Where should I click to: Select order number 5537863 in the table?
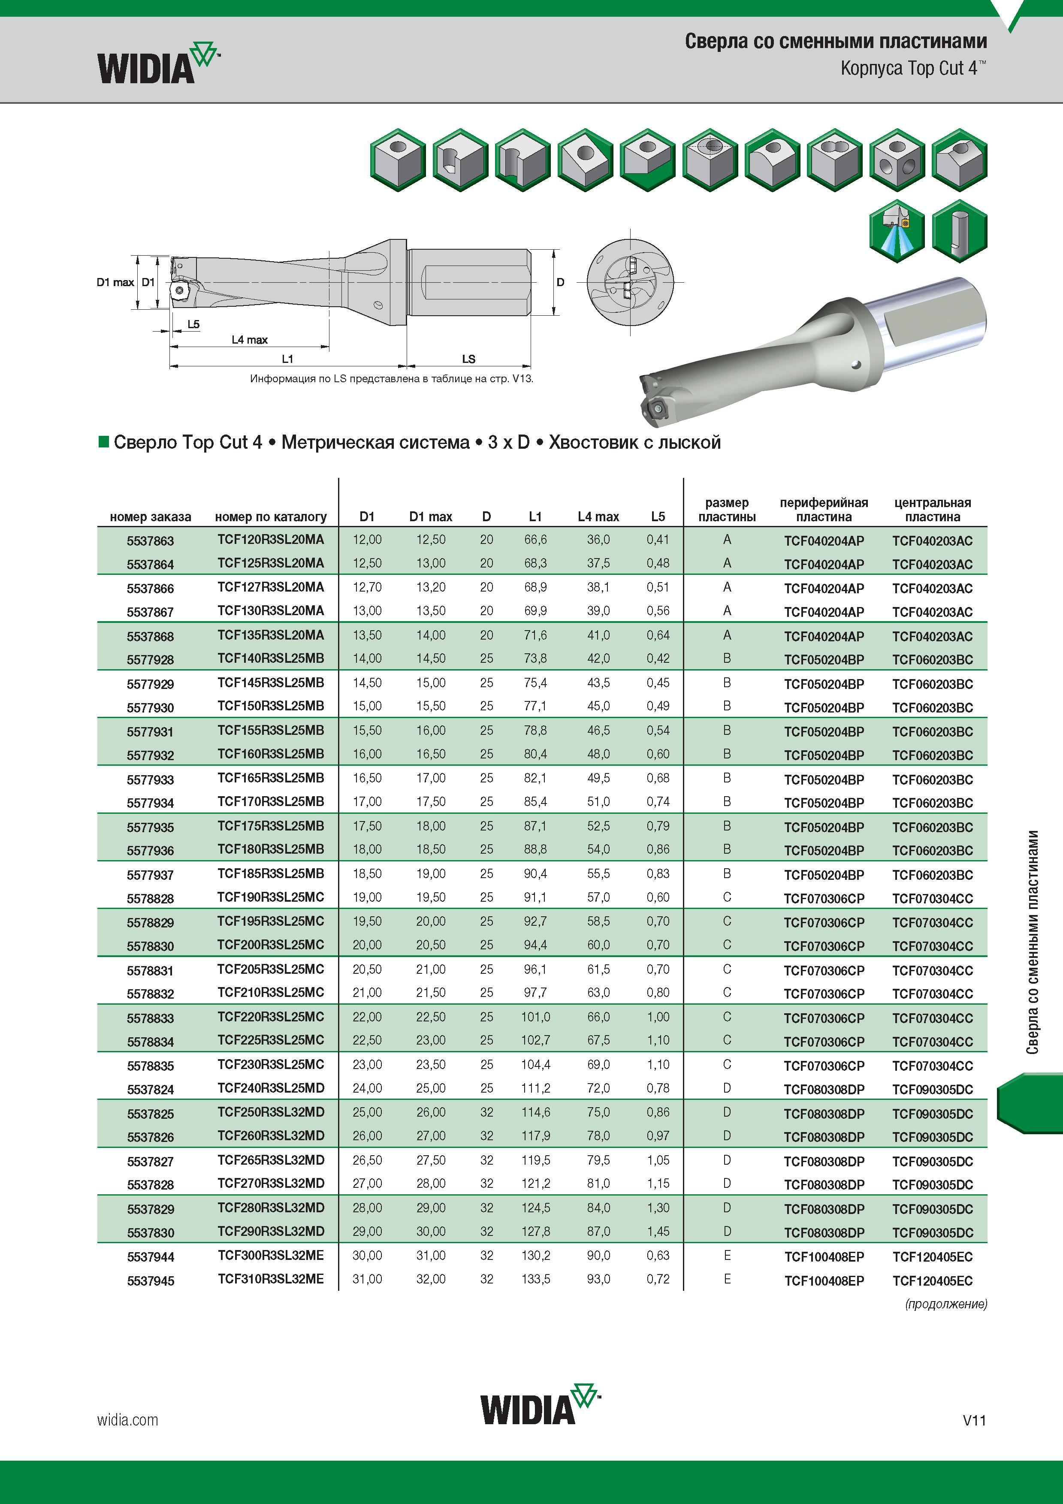pyautogui.click(x=151, y=541)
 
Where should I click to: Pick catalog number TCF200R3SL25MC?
pyautogui.click(x=271, y=945)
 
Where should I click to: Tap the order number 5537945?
pyautogui.click(x=151, y=1281)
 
